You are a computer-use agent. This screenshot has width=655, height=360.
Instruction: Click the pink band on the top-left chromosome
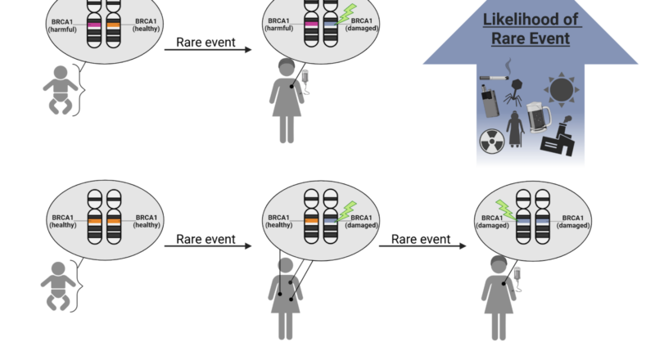(94, 26)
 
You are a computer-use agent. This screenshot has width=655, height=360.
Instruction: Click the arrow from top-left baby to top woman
(208, 51)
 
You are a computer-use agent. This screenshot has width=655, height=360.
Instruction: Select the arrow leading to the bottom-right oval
(422, 245)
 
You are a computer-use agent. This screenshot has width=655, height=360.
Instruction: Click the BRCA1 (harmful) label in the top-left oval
(65, 24)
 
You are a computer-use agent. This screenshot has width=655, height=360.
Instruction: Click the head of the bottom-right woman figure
(499, 263)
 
